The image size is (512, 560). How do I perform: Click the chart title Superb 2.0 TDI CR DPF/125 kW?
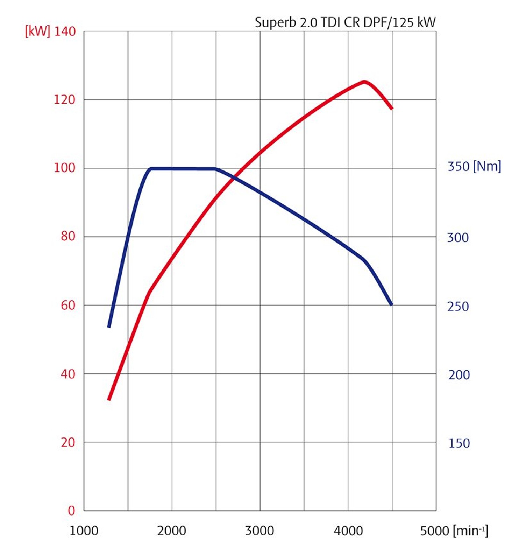pyautogui.click(x=345, y=22)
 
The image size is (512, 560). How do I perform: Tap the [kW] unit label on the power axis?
pyautogui.click(x=37, y=31)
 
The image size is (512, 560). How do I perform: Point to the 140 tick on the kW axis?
pyautogui.click(x=65, y=31)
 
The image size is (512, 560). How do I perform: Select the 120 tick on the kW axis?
pyautogui.click(x=64, y=100)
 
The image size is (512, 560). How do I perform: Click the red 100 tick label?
pyautogui.click(x=64, y=168)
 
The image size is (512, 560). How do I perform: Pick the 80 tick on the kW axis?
pyautogui.click(x=68, y=236)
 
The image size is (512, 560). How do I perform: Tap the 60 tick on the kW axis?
pyautogui.click(x=68, y=305)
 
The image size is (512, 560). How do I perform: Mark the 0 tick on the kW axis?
pyautogui.click(x=71, y=511)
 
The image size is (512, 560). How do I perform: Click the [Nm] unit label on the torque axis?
pyautogui.click(x=487, y=166)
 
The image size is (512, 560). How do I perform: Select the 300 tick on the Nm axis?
pyautogui.click(x=458, y=238)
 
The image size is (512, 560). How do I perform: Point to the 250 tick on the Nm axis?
pyautogui.click(x=458, y=307)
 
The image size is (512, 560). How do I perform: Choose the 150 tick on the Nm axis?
pyautogui.click(x=459, y=443)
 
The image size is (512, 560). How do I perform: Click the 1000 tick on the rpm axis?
pyautogui.click(x=84, y=531)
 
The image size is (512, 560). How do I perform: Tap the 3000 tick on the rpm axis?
pyautogui.click(x=259, y=531)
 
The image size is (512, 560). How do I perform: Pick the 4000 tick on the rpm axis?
pyautogui.click(x=348, y=531)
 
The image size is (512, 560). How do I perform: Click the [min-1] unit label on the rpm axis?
pyautogui.click(x=470, y=531)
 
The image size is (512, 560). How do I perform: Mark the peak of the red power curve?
pyautogui.click(x=364, y=82)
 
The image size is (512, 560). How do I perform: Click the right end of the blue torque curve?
pyautogui.click(x=392, y=304)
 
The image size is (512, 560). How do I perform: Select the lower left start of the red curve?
pyautogui.click(x=109, y=399)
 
